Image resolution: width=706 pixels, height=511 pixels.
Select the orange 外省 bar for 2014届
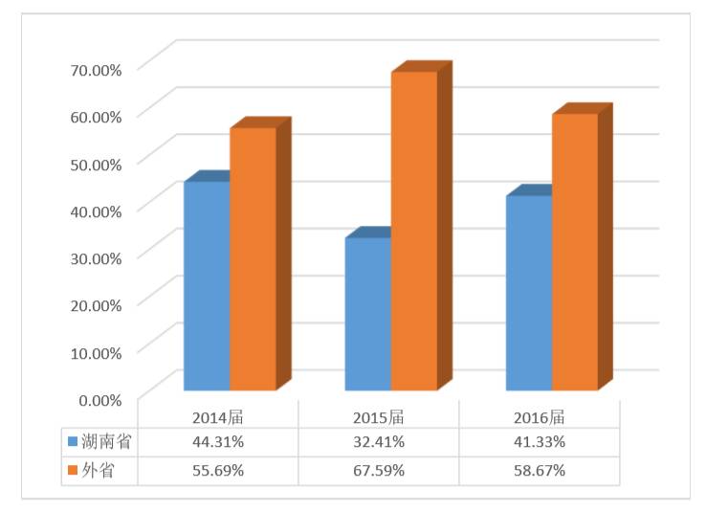253,258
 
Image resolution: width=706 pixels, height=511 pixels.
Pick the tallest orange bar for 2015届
413,230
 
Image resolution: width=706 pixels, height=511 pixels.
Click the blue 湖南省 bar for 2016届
529,292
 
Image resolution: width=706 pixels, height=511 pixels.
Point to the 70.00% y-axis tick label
95,69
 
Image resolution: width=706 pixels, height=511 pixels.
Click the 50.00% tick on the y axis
95,163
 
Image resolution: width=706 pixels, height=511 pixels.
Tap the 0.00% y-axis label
99,398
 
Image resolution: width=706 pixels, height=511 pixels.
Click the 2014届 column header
218,417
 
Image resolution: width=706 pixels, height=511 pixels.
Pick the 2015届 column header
379,417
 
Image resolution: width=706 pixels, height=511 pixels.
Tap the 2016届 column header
540,417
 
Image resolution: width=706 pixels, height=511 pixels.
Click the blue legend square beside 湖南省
72,442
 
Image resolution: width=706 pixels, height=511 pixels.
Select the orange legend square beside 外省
72,471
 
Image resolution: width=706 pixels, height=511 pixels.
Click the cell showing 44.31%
218,442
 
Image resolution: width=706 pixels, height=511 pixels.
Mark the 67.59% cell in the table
379,471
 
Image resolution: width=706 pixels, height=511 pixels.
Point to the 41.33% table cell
540,442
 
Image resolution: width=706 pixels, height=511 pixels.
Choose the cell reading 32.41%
379,442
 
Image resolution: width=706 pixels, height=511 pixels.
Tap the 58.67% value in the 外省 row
540,471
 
